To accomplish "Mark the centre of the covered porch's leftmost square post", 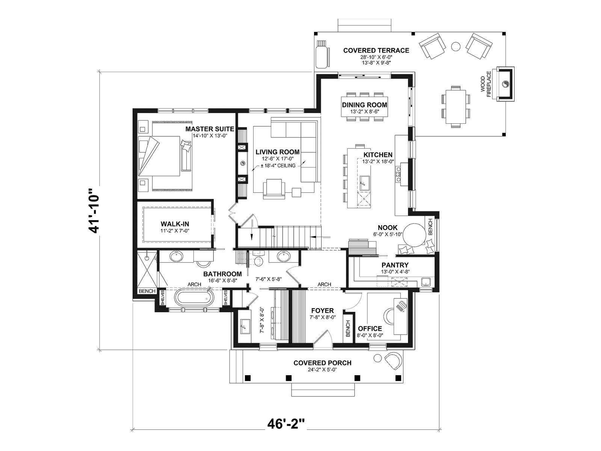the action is [248, 378].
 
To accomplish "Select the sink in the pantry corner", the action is [426, 281].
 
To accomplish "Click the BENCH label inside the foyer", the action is [348, 328].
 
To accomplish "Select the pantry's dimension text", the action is [395, 272].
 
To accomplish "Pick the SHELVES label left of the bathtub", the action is [162, 298].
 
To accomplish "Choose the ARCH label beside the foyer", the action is [324, 285].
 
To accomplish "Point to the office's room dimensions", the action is [370, 335].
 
